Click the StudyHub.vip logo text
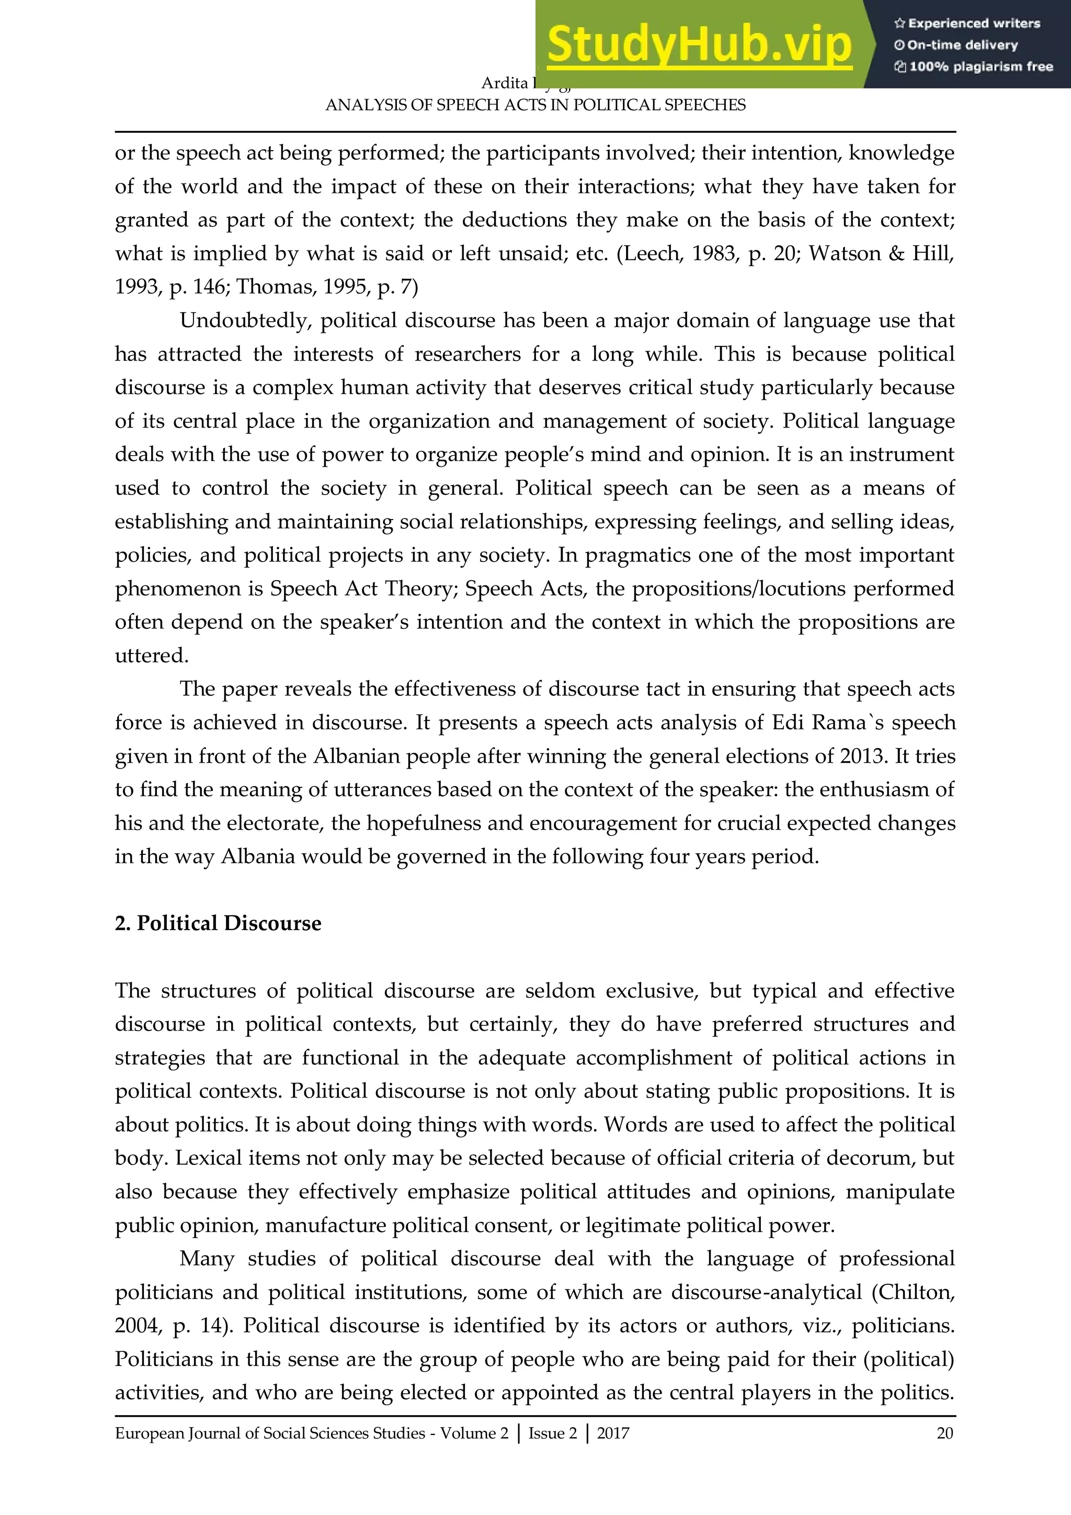point(699,45)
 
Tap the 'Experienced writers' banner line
point(967,24)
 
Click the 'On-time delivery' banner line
point(956,46)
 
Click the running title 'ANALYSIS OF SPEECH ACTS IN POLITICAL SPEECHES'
point(535,106)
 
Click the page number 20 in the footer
point(944,1433)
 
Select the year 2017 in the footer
point(613,1433)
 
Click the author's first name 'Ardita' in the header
point(505,83)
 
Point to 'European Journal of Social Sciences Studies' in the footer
point(270,1433)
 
